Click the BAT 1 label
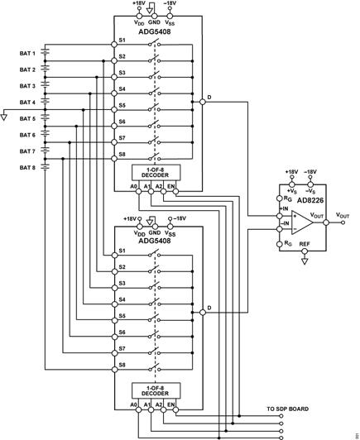(27, 53)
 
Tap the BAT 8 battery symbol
(45, 168)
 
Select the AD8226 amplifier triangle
(302, 222)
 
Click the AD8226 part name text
(310, 200)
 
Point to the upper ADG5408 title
(155, 31)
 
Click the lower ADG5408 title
(155, 241)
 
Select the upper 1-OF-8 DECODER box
(156, 173)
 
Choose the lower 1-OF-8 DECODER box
(156, 390)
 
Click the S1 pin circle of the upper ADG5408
(114, 45)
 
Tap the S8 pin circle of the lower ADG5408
(114, 369)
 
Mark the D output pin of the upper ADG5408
(203, 102)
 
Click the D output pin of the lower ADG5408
(203, 312)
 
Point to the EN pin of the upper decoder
(175, 192)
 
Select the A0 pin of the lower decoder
(138, 409)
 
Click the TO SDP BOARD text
(287, 409)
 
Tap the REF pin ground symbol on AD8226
(305, 261)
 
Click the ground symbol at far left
(3, 117)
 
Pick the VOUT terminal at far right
(343, 222)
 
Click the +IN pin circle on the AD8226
(280, 216)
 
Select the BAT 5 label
(27, 119)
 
